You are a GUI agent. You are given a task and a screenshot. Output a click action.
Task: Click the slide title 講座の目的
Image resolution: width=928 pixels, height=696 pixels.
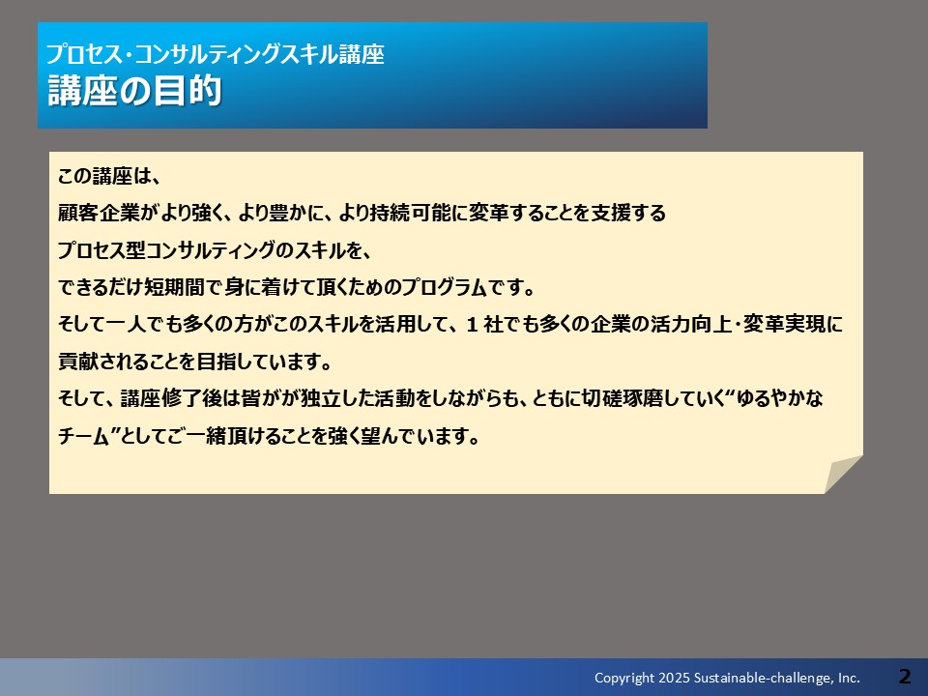(134, 91)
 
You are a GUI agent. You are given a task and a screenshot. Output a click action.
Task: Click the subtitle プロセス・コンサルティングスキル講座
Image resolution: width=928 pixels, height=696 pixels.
(216, 54)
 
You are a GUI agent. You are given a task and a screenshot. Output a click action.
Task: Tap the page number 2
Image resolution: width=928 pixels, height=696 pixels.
(905, 676)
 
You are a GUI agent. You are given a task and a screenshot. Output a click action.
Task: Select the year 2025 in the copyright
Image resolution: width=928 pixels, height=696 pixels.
(674, 678)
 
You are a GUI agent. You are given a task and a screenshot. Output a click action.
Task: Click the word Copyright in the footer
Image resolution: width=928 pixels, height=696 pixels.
(624, 679)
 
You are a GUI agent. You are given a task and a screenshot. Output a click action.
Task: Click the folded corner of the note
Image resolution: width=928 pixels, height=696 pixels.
(843, 474)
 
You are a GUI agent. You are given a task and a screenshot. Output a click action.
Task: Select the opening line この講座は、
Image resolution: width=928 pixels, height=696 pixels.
(109, 176)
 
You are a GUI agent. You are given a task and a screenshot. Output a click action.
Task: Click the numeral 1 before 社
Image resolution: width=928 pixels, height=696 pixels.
(472, 325)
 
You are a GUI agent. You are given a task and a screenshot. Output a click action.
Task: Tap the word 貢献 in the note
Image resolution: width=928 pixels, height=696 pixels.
(78, 362)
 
